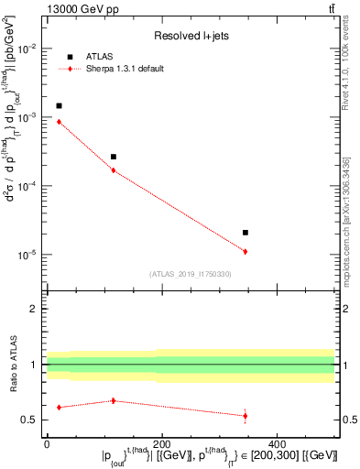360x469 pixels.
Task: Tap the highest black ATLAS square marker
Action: pos(59,106)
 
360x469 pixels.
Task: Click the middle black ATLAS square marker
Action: pos(114,157)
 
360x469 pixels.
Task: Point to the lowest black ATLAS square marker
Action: pos(245,233)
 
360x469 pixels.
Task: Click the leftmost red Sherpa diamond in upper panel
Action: pos(59,121)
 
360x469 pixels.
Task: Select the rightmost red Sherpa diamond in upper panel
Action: pos(245,251)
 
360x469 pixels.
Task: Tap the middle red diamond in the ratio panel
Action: pos(114,400)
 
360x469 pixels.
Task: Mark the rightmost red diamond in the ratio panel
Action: pos(245,416)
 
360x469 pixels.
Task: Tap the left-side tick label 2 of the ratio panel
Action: pos(35,309)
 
